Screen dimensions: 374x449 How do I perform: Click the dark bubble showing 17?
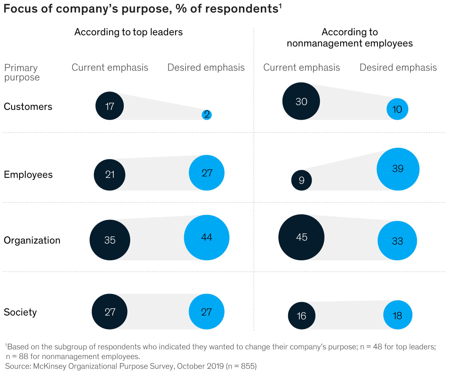pos(110,106)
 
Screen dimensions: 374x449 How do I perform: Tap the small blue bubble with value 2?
pos(207,115)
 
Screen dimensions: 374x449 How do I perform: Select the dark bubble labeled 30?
pos(301,101)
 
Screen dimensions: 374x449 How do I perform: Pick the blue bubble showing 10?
pos(397,109)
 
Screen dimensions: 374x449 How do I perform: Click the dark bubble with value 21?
pos(110,175)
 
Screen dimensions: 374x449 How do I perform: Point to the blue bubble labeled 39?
pos(398,169)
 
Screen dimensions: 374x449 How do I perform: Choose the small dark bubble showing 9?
pos(302,181)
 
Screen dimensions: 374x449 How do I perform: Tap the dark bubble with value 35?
pos(110,240)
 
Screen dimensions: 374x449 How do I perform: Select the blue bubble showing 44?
pos(207,237)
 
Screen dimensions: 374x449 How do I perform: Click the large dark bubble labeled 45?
pos(302,237)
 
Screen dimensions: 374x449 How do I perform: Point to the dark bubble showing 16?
pos(302,316)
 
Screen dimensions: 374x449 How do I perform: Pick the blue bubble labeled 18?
pos(397,315)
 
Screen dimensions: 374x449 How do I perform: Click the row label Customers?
pos(28,107)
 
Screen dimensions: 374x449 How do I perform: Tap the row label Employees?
pos(28,175)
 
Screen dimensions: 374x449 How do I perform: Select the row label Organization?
pos(32,240)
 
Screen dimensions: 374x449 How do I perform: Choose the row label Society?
pos(20,312)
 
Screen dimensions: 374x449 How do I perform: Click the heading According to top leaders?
pos(128,32)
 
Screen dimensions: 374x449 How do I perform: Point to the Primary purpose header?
pos(22,73)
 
